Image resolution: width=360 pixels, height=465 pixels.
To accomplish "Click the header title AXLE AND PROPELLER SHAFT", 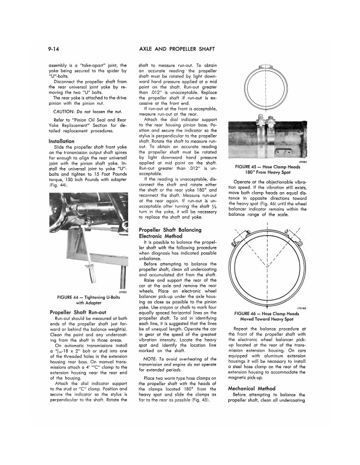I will click(x=180, y=45).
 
